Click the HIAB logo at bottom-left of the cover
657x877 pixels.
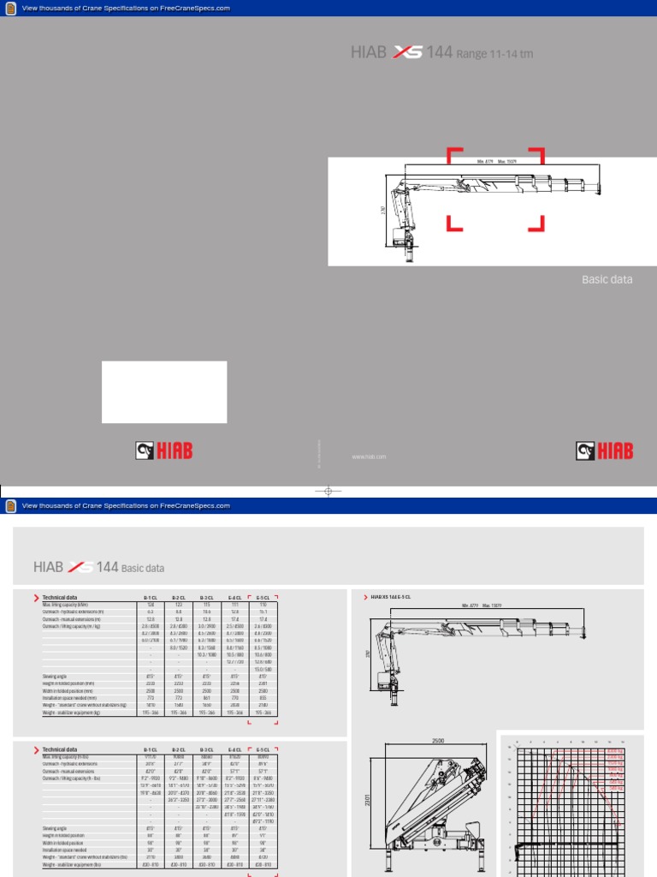(163, 450)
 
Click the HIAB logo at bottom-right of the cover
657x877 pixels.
(607, 450)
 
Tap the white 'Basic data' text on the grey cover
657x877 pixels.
(607, 279)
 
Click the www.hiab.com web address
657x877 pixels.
(370, 456)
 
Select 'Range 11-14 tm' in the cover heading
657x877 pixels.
(494, 54)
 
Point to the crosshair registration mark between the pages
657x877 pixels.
(328, 491)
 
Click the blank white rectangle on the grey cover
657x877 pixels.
(164, 391)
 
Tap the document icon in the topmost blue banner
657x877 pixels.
(10, 8)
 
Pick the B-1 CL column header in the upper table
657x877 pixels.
(151, 597)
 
